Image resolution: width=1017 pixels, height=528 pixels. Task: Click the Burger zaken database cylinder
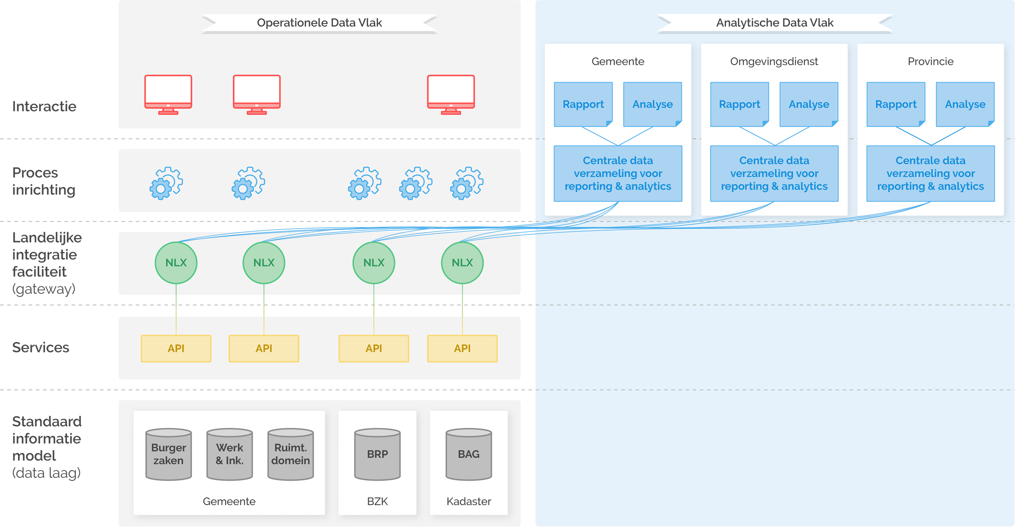(168, 454)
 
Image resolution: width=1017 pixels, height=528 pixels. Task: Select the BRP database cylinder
(377, 454)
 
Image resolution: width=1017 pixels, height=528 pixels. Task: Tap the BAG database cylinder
(469, 454)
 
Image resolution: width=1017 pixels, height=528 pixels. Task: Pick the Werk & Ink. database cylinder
(229, 454)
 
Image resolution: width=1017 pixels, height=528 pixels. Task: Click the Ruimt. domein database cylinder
(290, 454)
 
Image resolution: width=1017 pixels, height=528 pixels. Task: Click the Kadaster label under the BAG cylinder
(469, 501)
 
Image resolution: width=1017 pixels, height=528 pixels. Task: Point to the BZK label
(377, 501)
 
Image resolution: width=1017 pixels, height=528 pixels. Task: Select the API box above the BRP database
(373, 348)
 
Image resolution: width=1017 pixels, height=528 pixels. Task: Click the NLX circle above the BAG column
(462, 263)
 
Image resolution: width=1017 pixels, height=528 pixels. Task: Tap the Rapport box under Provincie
(895, 104)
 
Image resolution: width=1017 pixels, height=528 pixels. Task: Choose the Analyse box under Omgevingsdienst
(809, 104)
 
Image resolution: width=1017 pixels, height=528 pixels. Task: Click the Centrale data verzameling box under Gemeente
(618, 174)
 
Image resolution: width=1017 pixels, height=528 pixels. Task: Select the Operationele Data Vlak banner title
(319, 23)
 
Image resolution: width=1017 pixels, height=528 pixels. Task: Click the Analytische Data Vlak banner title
(775, 23)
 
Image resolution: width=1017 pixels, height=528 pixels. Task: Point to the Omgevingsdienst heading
(774, 61)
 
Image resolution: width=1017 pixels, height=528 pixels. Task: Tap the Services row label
(41, 348)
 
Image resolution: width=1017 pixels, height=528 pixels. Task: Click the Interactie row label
(44, 106)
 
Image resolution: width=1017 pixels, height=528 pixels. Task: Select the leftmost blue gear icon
(166, 183)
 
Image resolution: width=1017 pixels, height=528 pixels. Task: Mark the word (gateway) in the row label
(44, 289)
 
